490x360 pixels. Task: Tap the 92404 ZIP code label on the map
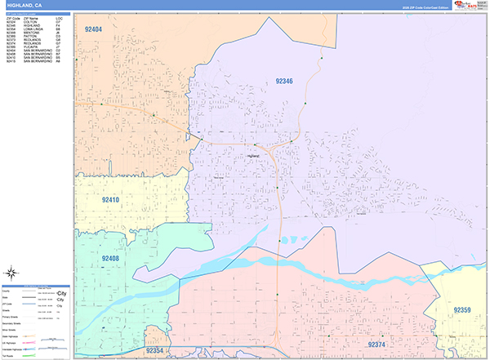point(93,29)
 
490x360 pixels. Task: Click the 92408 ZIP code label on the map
point(110,258)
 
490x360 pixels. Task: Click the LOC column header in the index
point(59,18)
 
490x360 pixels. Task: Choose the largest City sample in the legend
point(61,291)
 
